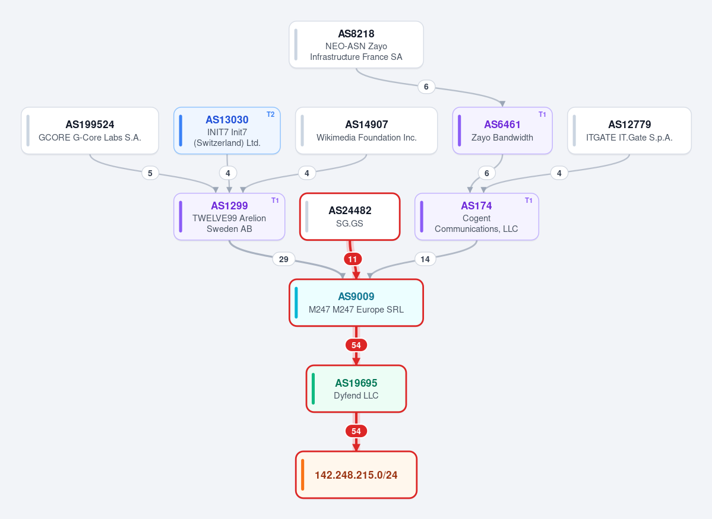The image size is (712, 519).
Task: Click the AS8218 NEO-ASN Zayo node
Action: [356, 44]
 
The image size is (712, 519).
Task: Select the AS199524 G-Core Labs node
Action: [90, 130]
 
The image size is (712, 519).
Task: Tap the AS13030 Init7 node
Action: [227, 130]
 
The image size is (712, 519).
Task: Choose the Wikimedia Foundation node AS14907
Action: [366, 130]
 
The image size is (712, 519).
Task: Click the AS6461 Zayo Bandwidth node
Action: [502, 130]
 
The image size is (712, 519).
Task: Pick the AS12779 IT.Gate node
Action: [629, 130]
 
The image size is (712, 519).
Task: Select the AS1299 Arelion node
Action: [229, 217]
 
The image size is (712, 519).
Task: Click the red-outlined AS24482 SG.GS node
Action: [350, 217]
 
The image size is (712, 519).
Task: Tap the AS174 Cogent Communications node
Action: [477, 217]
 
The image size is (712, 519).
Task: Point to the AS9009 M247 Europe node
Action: [356, 303]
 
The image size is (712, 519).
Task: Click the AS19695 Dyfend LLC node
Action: [356, 389]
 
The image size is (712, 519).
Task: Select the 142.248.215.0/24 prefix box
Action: [356, 475]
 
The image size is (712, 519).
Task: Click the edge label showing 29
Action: [284, 259]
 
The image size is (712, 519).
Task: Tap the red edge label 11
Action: [353, 259]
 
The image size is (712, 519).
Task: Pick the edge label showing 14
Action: [425, 259]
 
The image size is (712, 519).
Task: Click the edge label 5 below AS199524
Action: [150, 173]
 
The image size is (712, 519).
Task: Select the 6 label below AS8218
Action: [426, 87]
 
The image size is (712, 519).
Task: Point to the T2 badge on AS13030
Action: [271, 114]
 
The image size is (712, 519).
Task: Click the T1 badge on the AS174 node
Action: [529, 200]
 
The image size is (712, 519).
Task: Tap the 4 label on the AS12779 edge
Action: [559, 173]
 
